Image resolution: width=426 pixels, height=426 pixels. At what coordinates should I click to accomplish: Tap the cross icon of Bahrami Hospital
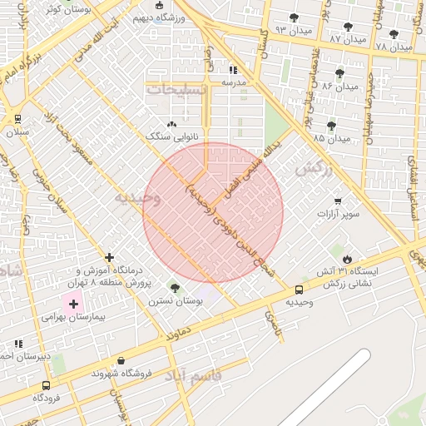73,305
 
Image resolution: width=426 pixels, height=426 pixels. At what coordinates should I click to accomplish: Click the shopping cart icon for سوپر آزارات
338,201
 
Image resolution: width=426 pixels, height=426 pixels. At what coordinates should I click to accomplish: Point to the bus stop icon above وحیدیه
299,290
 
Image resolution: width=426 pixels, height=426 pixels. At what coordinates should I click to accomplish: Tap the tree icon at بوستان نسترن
174,287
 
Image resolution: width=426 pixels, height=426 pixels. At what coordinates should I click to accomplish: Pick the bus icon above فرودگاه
46,385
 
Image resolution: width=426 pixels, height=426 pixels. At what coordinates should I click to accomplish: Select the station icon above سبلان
17,119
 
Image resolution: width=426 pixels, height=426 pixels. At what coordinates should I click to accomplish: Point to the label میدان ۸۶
339,86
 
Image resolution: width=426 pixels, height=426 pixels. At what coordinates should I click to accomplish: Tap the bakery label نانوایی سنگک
168,136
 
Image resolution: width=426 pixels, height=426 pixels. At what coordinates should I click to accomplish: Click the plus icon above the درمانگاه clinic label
110,257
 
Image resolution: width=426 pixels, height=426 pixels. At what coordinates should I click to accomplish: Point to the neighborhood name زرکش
315,169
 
